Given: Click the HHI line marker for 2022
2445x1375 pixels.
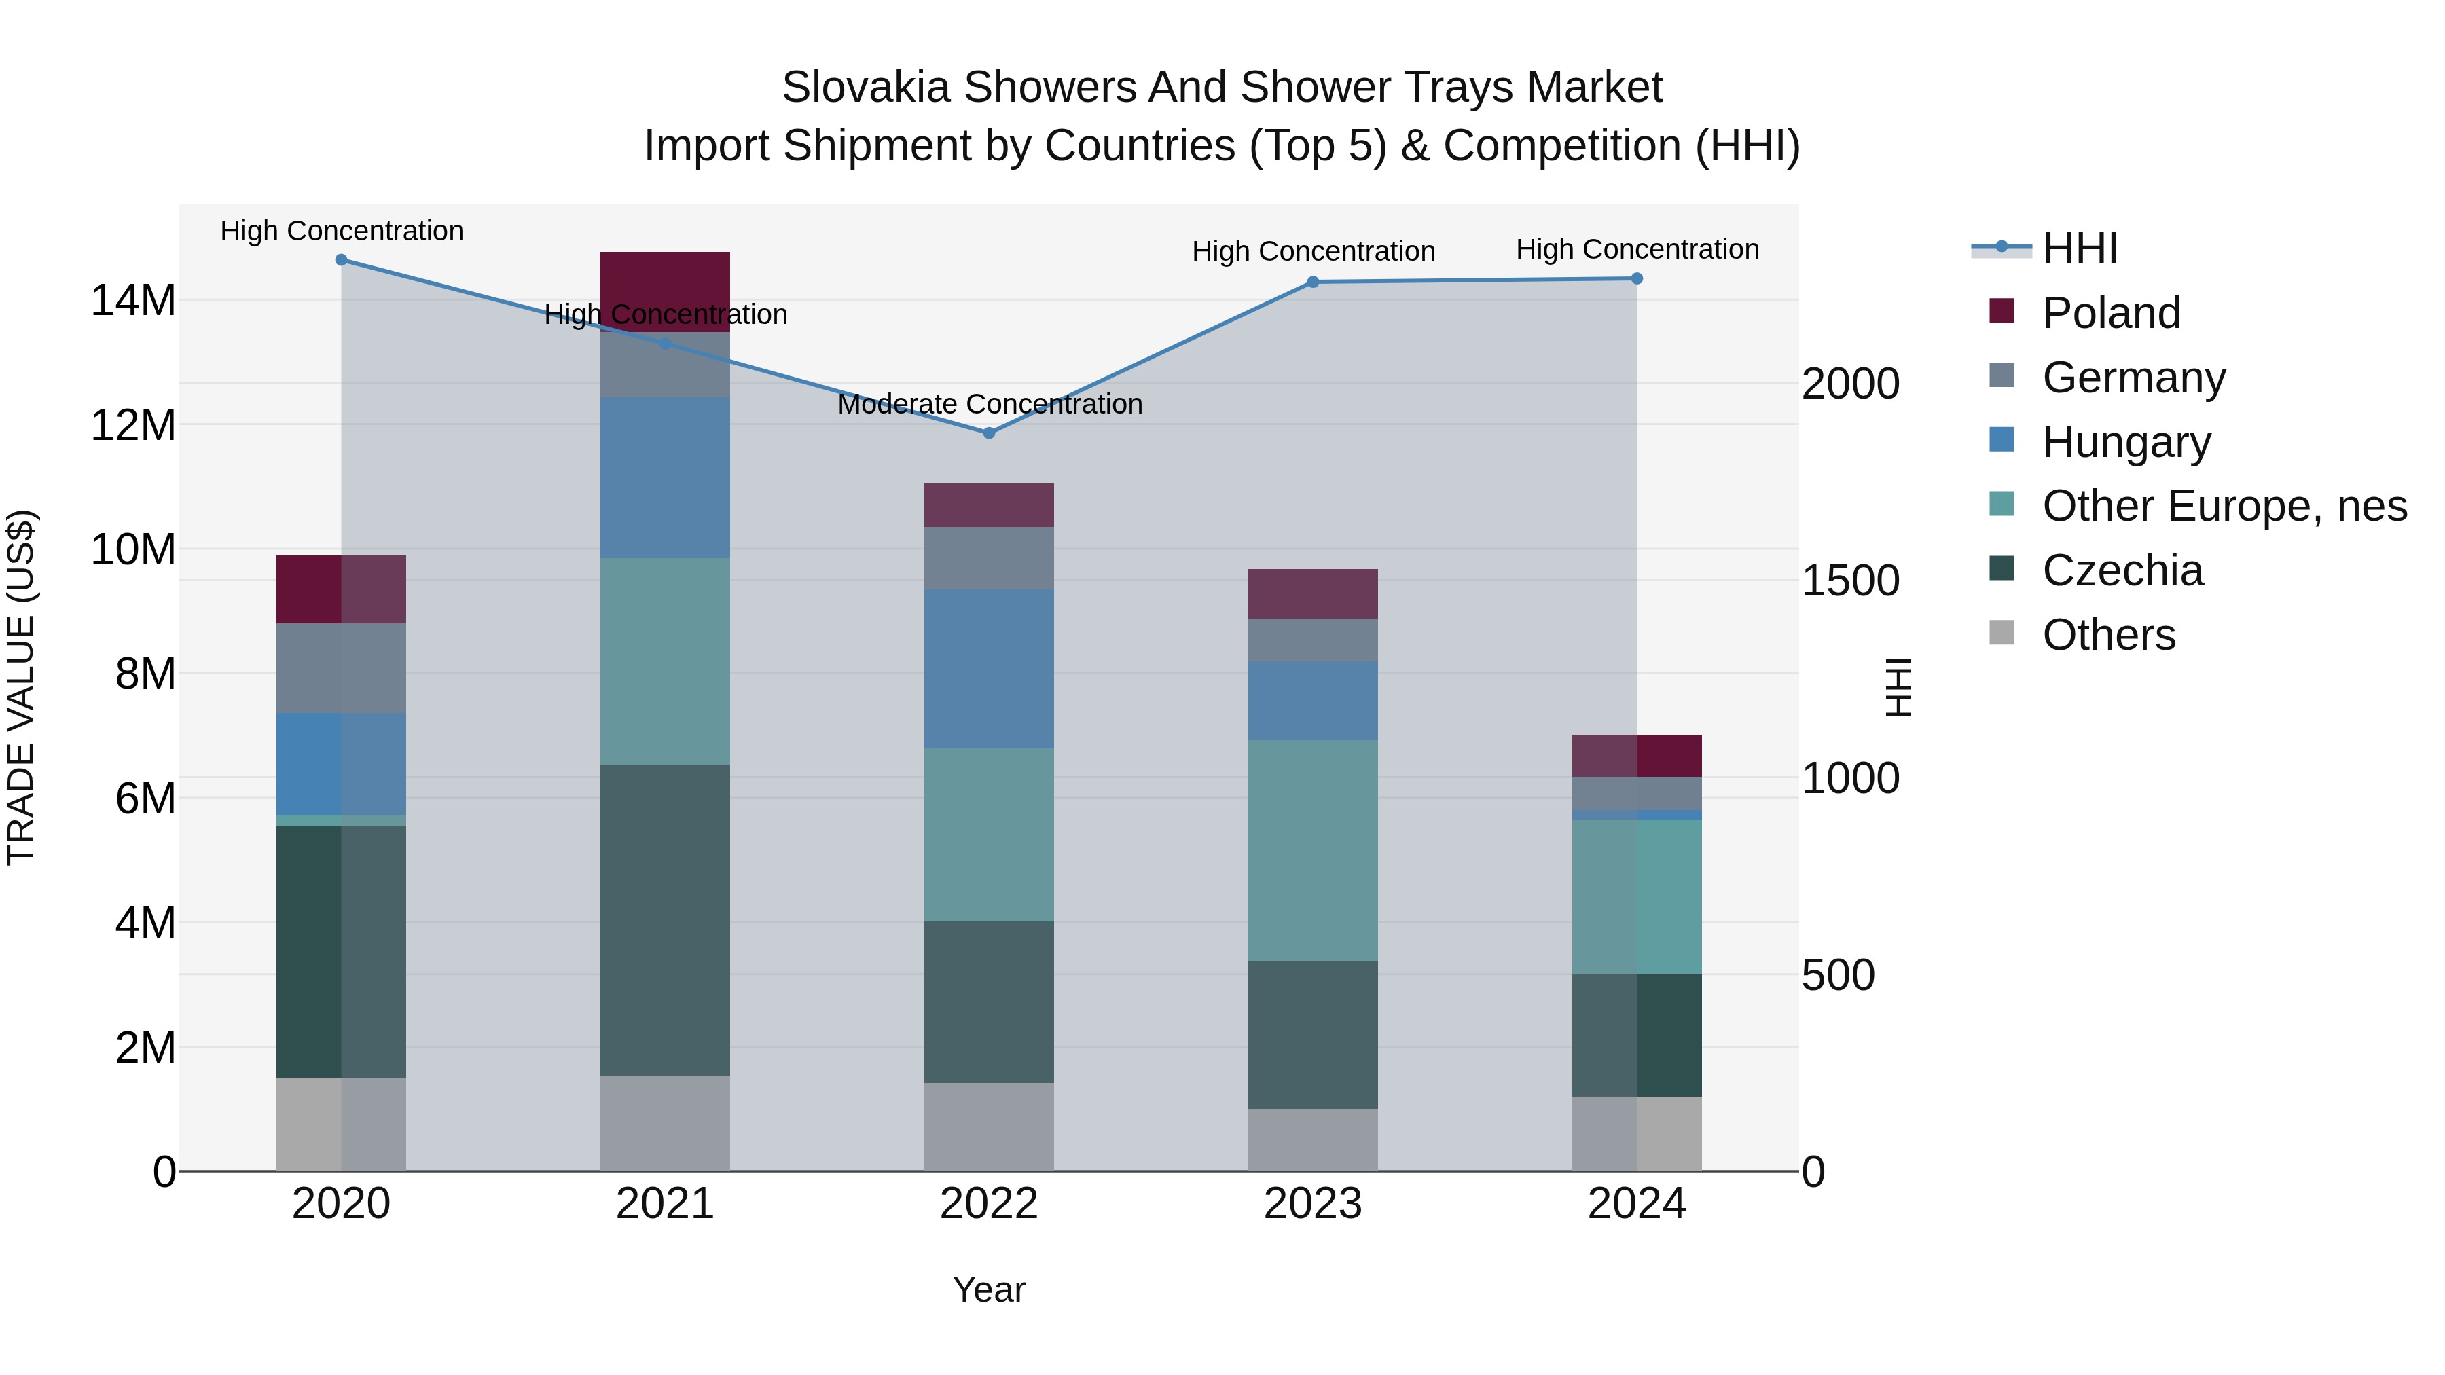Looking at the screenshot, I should tap(988, 433).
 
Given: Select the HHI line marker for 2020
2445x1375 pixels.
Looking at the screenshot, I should tap(341, 260).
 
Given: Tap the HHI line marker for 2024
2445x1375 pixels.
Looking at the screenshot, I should tap(1636, 279).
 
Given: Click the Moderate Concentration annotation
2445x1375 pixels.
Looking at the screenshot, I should tap(989, 404).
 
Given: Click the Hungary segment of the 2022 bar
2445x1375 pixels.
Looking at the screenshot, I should tap(988, 668).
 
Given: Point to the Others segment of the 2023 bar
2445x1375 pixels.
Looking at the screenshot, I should tap(1313, 1139).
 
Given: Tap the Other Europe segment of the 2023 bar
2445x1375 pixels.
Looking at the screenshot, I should tap(1313, 849).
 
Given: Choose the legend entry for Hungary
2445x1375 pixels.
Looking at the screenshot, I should tap(2125, 442).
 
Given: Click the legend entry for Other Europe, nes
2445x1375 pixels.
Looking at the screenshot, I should tap(2223, 506).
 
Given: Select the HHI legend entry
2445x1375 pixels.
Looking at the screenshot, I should tap(2079, 249).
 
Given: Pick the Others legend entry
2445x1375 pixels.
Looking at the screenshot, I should tap(2108, 635).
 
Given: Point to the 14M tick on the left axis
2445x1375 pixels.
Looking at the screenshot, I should tap(133, 301).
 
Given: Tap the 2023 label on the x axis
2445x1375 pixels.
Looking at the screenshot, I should tap(1313, 1204).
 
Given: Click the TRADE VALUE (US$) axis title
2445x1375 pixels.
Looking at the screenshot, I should tap(21, 687).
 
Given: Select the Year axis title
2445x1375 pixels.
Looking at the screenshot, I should tap(988, 1289).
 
